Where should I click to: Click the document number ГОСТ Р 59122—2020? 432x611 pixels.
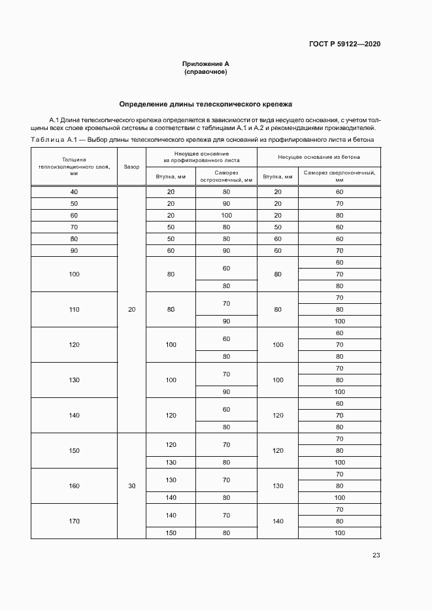coord(344,44)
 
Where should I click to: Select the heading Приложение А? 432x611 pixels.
coord(206,64)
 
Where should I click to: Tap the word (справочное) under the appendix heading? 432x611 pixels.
coord(206,72)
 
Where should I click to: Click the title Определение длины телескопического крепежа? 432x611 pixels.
coord(205,104)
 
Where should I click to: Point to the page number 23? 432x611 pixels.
coord(376,555)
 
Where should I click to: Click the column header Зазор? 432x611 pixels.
coord(131,167)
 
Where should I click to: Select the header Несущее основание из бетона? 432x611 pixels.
coord(319,157)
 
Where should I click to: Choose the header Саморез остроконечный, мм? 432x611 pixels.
coord(226,176)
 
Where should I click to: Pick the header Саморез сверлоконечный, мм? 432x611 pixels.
coord(339,176)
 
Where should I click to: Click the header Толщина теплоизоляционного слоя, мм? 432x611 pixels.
coord(74,167)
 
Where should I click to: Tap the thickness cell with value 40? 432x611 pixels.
coord(74,192)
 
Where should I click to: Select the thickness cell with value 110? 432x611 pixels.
coord(74,310)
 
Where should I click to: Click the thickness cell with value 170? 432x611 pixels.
coord(74,521)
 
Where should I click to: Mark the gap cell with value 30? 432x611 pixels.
coord(131,486)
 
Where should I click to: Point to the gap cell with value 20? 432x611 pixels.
coord(131,310)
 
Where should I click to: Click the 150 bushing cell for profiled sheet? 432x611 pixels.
coord(171,533)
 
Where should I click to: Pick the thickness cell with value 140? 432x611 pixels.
coord(74,416)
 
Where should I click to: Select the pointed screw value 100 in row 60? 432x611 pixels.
coord(226,216)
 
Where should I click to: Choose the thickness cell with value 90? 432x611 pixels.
coord(74,251)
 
